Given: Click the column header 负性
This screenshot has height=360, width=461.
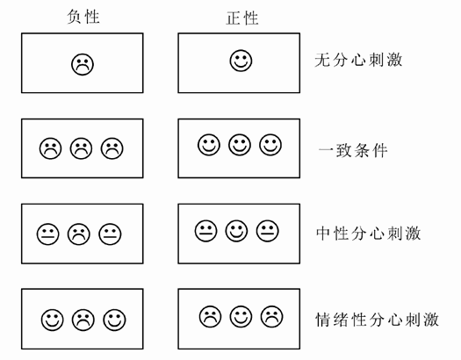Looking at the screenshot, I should (x=83, y=17).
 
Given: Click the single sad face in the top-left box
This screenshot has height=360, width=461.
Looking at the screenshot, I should (x=83, y=63).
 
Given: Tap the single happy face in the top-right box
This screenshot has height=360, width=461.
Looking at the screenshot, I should (x=240, y=61).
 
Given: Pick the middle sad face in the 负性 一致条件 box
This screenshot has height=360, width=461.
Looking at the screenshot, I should (x=81, y=148).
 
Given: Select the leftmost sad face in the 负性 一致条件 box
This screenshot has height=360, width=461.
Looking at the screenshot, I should (x=50, y=148).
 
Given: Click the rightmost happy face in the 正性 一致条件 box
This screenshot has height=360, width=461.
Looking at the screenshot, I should (x=270, y=144).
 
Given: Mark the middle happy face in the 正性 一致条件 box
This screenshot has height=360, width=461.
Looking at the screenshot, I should (x=240, y=144).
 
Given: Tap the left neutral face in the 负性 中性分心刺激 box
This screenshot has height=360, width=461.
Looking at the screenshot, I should (x=47, y=234).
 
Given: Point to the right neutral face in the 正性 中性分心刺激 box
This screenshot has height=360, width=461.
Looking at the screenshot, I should (x=268, y=231).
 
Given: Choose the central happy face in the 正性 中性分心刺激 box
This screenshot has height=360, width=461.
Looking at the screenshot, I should (x=237, y=231).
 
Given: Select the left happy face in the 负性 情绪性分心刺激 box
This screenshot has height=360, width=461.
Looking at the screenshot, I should (x=51, y=320).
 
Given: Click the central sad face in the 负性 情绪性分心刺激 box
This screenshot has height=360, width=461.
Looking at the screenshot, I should (x=83, y=320).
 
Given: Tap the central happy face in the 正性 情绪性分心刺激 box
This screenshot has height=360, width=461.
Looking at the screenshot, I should (x=240, y=315).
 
